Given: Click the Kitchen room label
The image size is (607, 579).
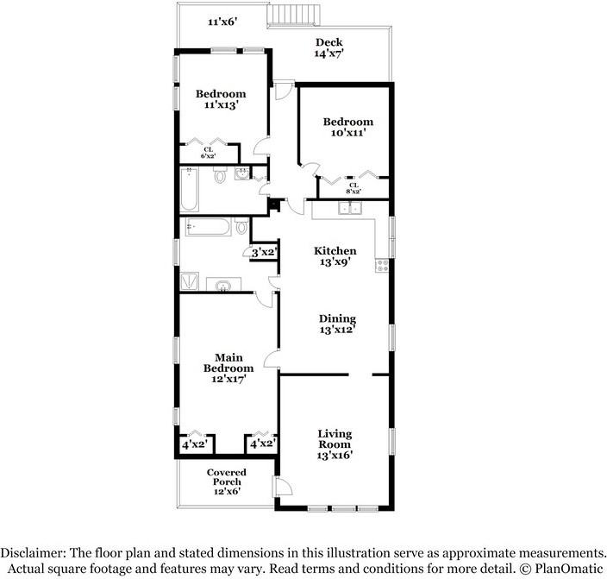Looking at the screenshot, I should point(335,250).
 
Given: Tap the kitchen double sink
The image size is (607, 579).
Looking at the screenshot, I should point(350,208).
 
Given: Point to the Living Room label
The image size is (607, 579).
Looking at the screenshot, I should point(335,439).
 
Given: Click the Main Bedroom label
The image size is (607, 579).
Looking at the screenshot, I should point(228,362).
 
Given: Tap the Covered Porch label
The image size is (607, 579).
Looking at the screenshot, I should point(227,477).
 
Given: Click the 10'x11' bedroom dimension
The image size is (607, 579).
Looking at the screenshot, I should point(347,134).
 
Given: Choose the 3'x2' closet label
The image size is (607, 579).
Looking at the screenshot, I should point(262,252).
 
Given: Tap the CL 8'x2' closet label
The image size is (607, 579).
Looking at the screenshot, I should point(354,189).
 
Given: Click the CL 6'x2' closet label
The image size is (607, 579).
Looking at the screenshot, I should point(208,153).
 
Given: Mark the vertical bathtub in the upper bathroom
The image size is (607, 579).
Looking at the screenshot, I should point(191,190).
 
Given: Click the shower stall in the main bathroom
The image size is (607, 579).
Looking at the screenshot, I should point(189,282).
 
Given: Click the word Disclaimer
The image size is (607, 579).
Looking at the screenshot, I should point(39,553).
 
